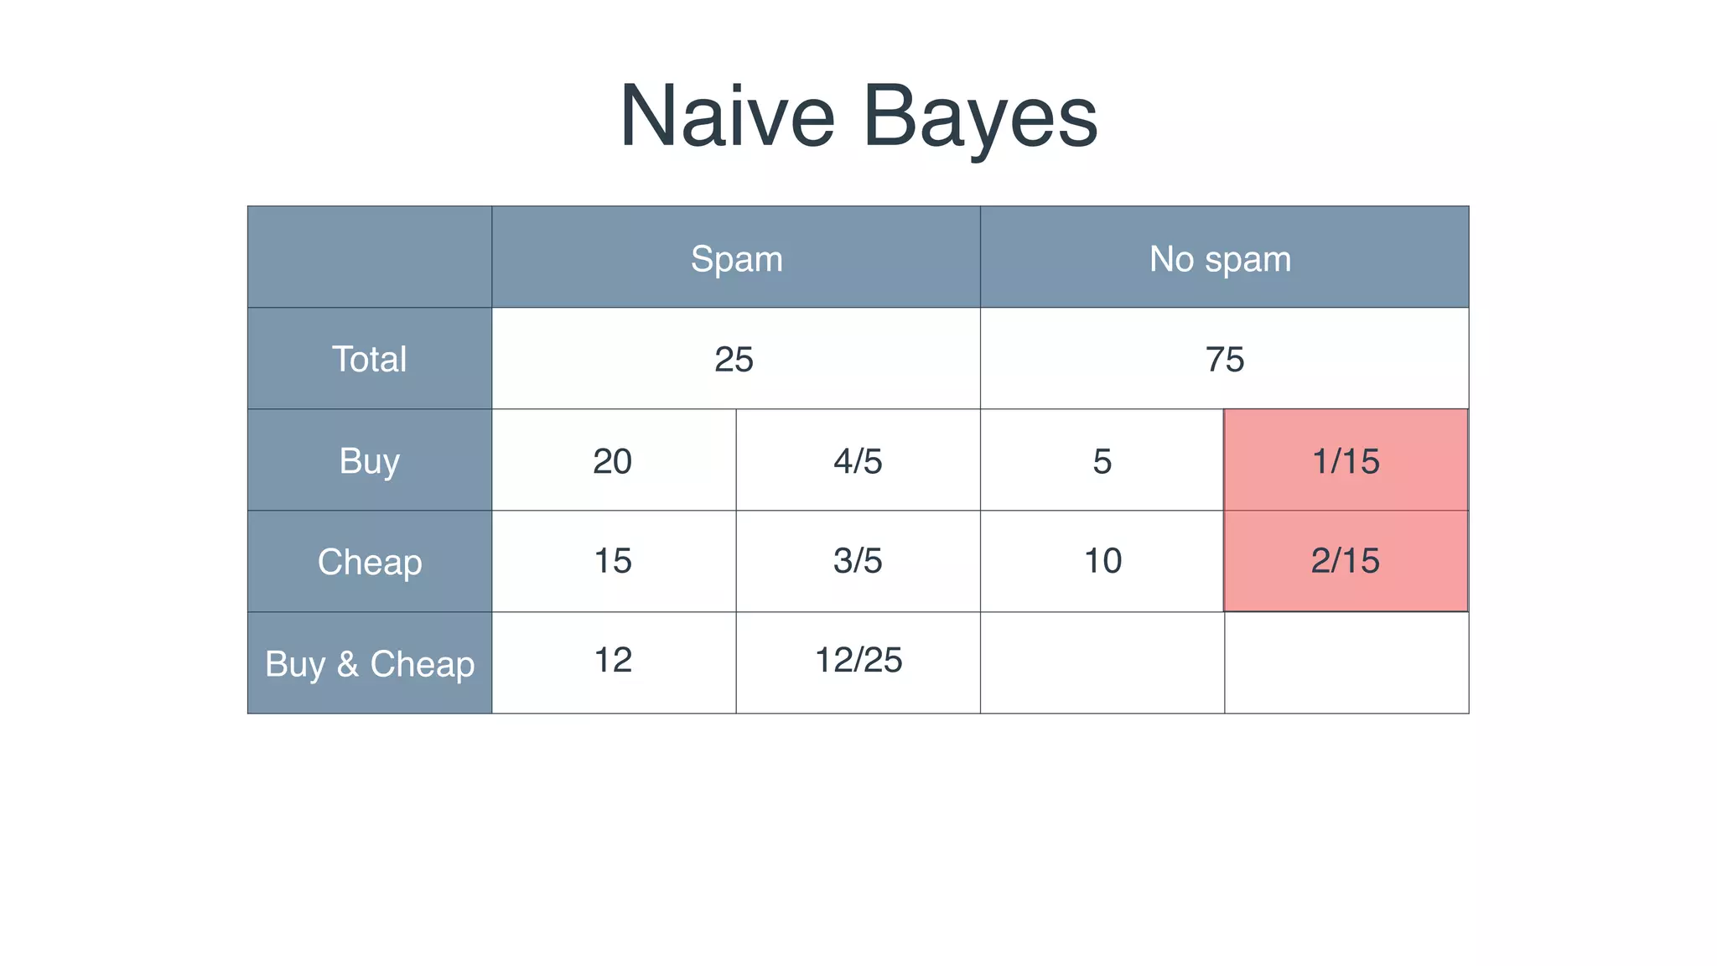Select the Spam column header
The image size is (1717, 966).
pyautogui.click(x=736, y=258)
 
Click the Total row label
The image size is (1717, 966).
pyautogui.click(x=369, y=359)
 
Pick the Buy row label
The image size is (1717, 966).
pyautogui.click(x=369, y=461)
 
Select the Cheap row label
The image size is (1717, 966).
pyautogui.click(x=369, y=562)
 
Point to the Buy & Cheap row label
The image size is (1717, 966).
pyautogui.click(x=369, y=663)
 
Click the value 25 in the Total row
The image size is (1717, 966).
pyautogui.click(x=734, y=360)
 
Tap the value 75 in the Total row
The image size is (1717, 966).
pyautogui.click(x=1224, y=360)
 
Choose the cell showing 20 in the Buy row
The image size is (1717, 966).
pyautogui.click(x=612, y=461)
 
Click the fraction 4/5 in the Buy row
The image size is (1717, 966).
pyautogui.click(x=858, y=461)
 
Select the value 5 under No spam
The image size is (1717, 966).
pyautogui.click(x=1102, y=461)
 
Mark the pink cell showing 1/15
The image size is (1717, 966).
pyautogui.click(x=1346, y=461)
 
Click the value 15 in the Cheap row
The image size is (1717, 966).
pyautogui.click(x=612, y=561)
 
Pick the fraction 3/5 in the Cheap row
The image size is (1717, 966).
pyautogui.click(x=858, y=561)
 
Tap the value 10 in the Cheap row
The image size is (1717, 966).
pyautogui.click(x=1102, y=561)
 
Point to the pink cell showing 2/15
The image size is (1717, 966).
pyautogui.click(x=1346, y=561)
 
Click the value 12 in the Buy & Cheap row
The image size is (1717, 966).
pyautogui.click(x=612, y=661)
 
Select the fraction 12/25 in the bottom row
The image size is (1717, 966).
pyautogui.click(x=858, y=661)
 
